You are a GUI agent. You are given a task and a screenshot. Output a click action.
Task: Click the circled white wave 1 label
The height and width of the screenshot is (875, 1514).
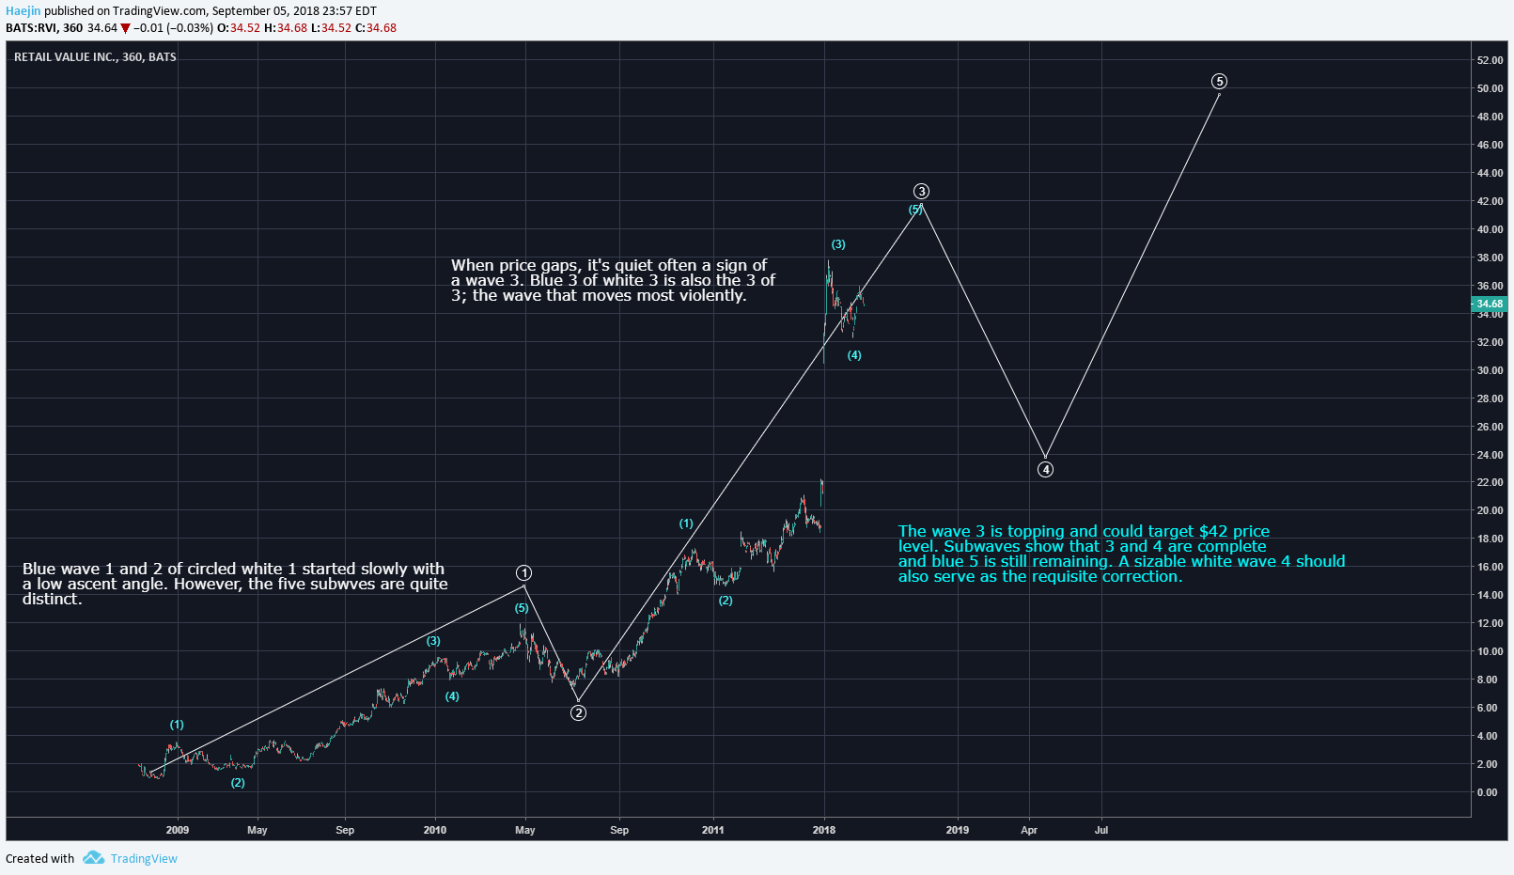click(524, 573)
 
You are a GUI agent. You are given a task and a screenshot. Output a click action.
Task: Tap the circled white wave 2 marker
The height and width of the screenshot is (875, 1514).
click(579, 713)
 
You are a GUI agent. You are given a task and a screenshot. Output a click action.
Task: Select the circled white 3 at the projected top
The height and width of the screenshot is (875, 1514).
click(922, 192)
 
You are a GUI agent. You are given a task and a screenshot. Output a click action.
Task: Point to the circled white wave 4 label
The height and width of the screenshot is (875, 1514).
click(1046, 470)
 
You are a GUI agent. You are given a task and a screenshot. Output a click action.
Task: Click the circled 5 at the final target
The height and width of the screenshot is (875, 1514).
click(1220, 82)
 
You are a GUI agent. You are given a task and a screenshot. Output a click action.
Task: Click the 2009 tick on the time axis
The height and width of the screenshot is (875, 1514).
click(178, 830)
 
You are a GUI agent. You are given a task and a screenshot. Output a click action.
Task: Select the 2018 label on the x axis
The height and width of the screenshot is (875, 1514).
click(824, 830)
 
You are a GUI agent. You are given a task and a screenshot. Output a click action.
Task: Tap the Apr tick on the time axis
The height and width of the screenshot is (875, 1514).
click(1029, 830)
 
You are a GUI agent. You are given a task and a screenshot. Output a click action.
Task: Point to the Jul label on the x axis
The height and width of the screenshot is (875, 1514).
click(1101, 830)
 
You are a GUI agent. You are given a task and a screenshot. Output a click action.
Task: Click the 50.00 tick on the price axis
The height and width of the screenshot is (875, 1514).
click(1490, 88)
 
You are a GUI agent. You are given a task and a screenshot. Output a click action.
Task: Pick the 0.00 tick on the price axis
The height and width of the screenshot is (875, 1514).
click(1488, 792)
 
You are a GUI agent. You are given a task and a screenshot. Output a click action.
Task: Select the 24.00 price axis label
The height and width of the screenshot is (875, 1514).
click(1490, 455)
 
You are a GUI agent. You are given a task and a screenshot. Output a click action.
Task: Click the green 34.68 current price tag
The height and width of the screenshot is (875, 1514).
click(1490, 304)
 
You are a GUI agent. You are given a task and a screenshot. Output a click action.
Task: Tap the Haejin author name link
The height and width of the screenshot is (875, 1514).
click(23, 11)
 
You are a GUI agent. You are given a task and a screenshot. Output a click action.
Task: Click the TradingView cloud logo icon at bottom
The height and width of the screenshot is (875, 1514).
click(93, 858)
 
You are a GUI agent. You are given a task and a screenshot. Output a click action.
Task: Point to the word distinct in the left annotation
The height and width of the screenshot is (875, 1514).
click(50, 600)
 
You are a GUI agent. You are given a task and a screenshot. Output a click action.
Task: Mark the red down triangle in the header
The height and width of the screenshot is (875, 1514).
click(125, 28)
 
